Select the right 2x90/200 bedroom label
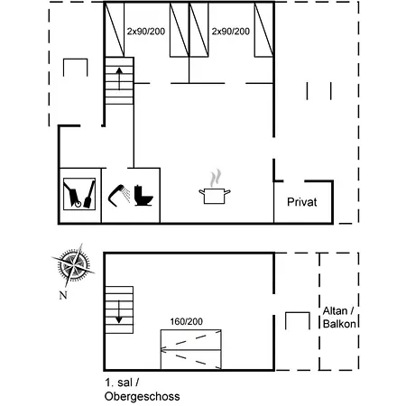230,32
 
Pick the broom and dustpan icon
79,193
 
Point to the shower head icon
119,192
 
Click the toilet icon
142,194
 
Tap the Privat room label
301,202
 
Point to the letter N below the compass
61,295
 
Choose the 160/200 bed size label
186,320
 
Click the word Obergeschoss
142,396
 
